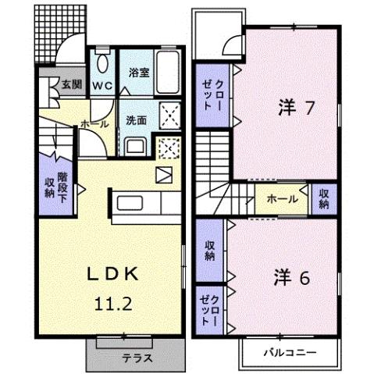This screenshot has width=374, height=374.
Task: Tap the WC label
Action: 102,84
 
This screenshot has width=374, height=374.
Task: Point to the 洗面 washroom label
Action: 137,121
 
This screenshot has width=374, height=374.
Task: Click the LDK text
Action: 112,273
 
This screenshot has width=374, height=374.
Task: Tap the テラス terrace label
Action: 135,359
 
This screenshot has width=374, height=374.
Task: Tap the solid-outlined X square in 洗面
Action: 169,115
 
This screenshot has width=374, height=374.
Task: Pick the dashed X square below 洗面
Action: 167,148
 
